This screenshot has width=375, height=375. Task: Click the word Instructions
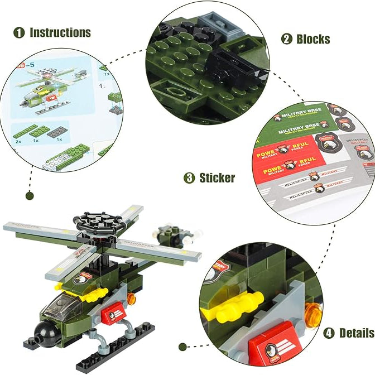click(60, 32)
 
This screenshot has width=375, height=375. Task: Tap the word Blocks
click(313, 39)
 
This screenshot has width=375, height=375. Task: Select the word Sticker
click(217, 178)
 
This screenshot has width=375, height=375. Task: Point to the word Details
click(357, 333)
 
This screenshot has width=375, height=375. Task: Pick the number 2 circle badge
click(287, 39)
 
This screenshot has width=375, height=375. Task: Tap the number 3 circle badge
click(190, 178)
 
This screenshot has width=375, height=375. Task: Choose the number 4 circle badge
click(329, 333)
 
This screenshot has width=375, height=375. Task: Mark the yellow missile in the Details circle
click(240, 304)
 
